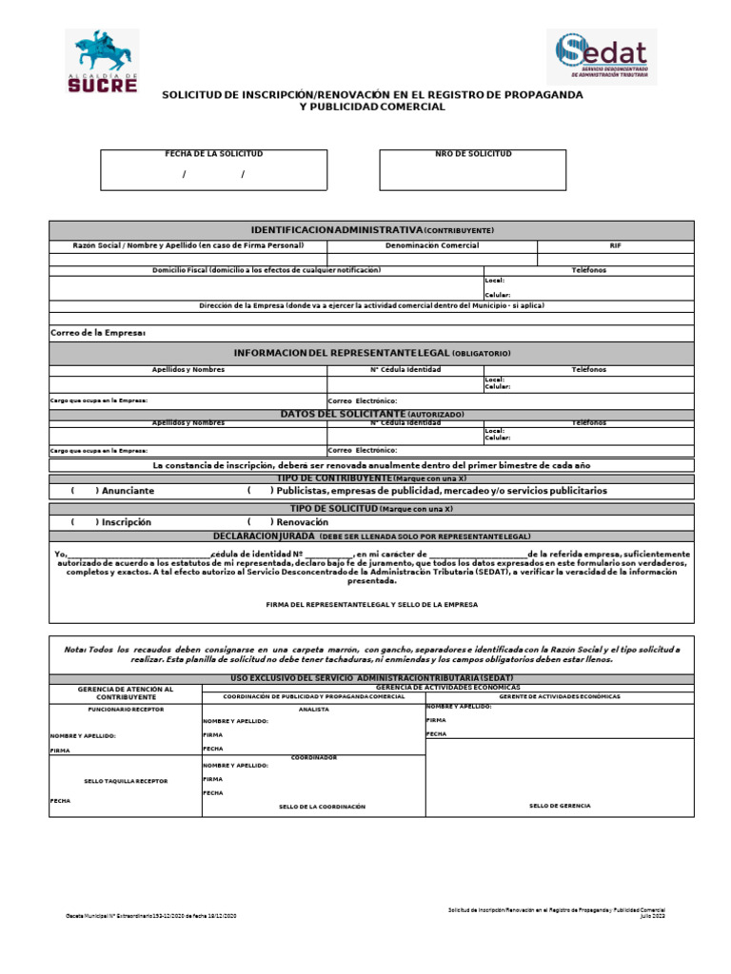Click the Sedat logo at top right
[601, 60]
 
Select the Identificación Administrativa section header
[371, 230]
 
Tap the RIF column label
[615, 245]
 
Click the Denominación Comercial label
[431, 245]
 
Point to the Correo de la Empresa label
[97, 333]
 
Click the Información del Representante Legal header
[371, 353]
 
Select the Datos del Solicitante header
[371, 415]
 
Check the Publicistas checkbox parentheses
[260, 491]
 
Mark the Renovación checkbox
[260, 522]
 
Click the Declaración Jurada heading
[371, 536]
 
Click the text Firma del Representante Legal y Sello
[371, 605]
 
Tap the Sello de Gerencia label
[560, 806]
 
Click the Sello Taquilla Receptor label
[125, 780]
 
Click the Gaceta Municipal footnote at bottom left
[150, 915]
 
